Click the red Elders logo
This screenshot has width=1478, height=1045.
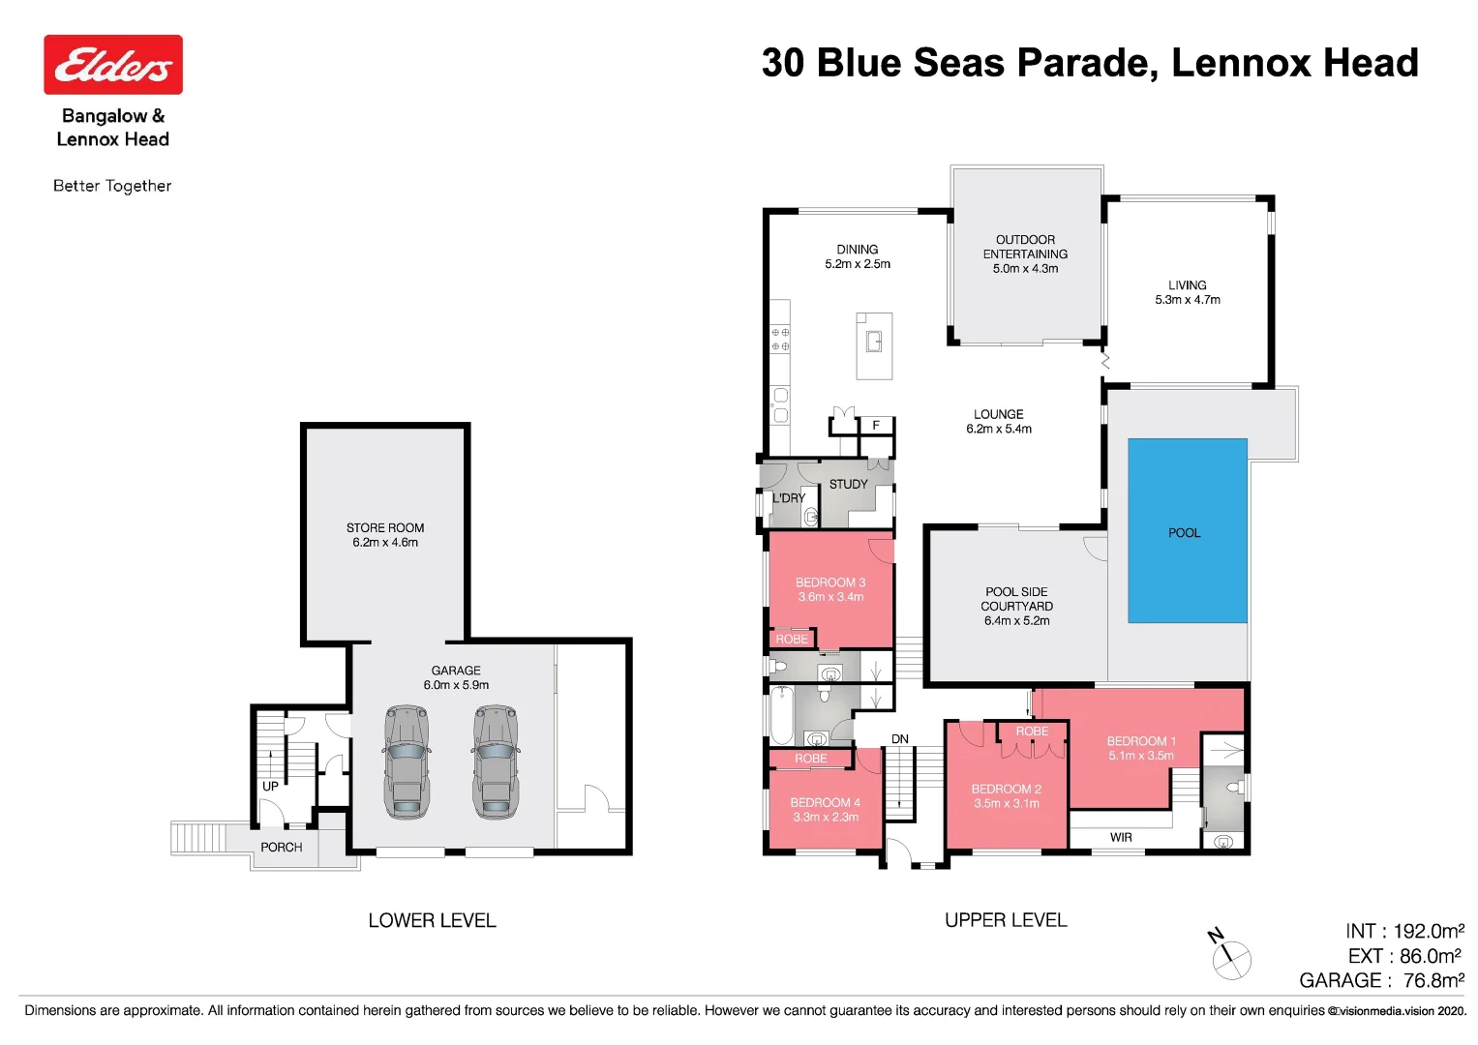click(113, 65)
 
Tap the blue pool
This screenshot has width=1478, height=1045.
click(1187, 530)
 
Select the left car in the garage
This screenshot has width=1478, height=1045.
click(407, 761)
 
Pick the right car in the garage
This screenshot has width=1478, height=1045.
click(496, 761)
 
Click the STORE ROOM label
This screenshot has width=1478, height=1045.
click(385, 527)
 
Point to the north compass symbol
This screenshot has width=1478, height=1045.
click(1230, 956)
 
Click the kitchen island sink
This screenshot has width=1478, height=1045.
click(874, 342)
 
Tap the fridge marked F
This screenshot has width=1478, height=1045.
click(876, 425)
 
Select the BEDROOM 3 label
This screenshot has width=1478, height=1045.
click(829, 582)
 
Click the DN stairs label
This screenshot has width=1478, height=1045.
click(900, 738)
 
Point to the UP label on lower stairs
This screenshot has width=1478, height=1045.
click(270, 786)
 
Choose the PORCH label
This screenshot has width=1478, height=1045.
click(282, 847)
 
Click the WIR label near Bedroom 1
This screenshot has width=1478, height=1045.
click(1121, 837)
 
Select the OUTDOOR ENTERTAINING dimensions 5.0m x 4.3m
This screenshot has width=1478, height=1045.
click(1025, 269)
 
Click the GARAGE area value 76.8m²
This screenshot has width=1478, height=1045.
click(1433, 980)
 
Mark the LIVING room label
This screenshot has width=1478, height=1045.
click(1187, 284)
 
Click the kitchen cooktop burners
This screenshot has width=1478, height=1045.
click(780, 339)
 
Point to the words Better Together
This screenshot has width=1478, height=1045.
click(112, 186)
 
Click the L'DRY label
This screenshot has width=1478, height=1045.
click(788, 497)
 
